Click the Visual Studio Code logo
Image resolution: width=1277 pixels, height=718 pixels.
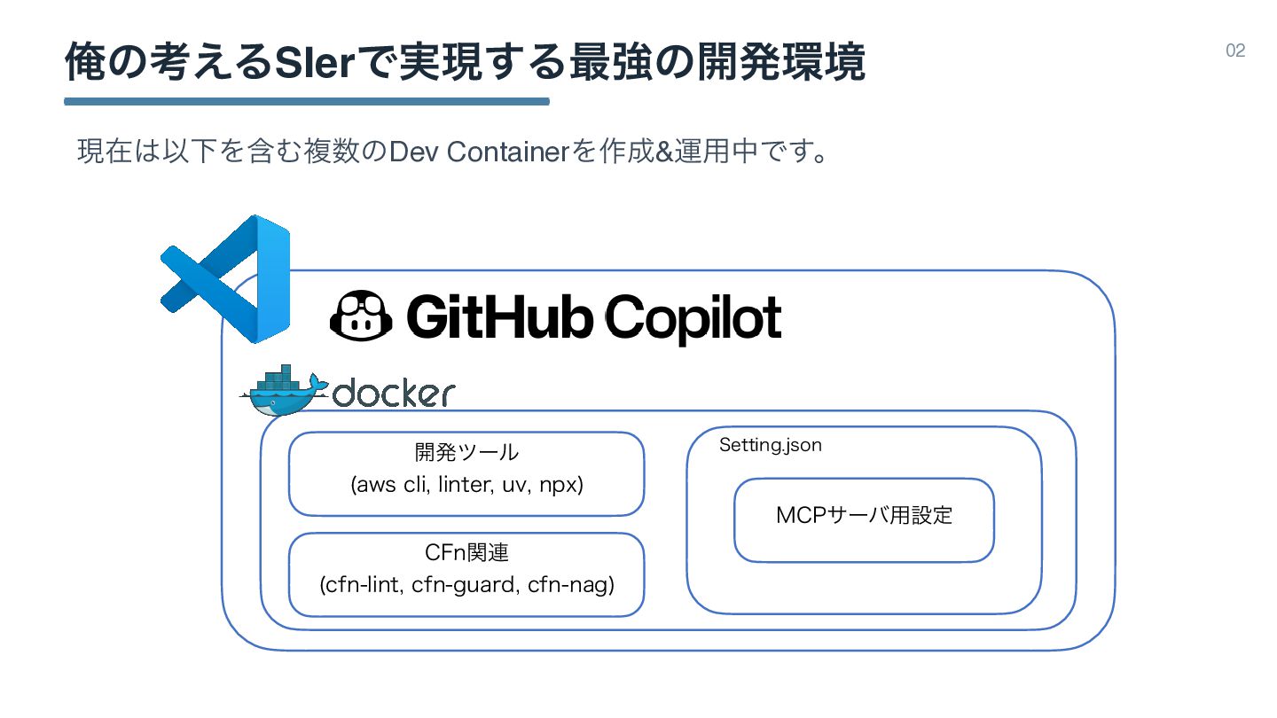coord(226,278)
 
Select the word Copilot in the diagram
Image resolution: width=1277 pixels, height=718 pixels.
coord(694,318)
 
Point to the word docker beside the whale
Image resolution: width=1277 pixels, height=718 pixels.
coord(393,393)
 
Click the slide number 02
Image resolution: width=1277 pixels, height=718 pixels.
coord(1235,51)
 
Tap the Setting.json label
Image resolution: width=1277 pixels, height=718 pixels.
coord(770,445)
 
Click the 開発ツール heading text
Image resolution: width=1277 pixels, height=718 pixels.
coord(466,453)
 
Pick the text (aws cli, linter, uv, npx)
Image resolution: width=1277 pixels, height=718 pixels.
coord(466,486)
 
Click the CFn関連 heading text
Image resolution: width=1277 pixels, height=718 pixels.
coord(466,553)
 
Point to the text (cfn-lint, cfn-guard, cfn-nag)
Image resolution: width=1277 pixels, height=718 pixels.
coord(466,586)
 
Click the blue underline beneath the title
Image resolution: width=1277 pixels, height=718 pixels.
coord(307,101)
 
